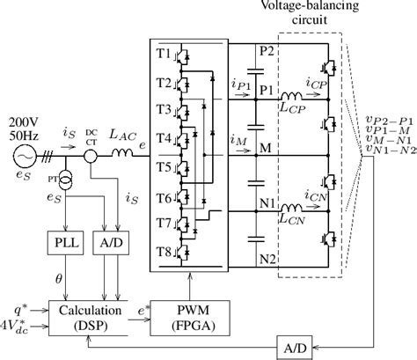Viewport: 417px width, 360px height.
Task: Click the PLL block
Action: tap(62, 240)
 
